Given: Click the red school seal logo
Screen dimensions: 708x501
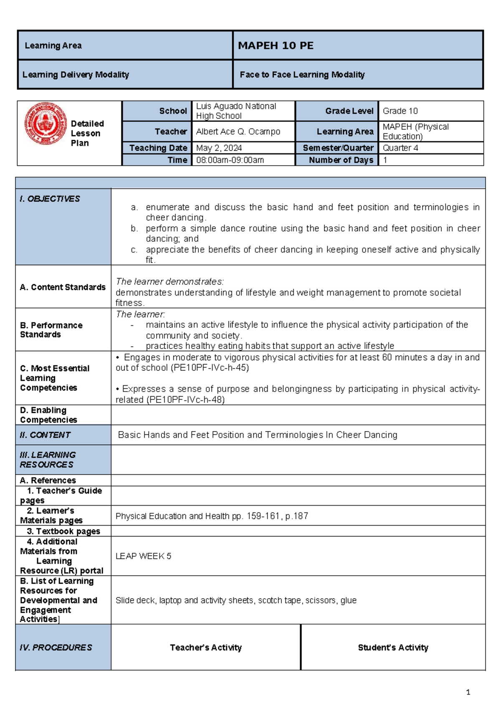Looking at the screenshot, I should [x=46, y=124].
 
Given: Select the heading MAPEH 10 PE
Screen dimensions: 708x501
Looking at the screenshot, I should [x=276, y=46].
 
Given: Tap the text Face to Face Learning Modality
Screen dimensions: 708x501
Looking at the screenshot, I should [x=302, y=75].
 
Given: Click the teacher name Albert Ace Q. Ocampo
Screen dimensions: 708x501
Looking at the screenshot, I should [x=238, y=131].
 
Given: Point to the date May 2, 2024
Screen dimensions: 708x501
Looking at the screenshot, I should [x=219, y=148].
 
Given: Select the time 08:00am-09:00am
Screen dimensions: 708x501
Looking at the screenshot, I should [x=230, y=160].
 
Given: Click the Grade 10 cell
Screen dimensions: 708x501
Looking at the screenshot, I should [x=400, y=111].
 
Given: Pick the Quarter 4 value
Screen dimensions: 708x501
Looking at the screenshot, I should [x=400, y=148].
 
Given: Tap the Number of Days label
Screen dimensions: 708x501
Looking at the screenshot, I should [x=341, y=160].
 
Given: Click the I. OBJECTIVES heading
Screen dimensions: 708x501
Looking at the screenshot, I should [x=50, y=199].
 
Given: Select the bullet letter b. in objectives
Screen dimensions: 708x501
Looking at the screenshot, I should [x=134, y=228].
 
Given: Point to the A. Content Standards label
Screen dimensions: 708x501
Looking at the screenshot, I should [x=63, y=287].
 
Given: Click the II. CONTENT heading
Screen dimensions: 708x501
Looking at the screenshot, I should [x=45, y=435].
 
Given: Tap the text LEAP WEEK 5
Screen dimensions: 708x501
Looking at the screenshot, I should [x=143, y=556].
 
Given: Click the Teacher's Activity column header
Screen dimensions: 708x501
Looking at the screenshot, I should [x=205, y=647].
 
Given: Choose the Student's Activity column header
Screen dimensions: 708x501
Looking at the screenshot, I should [x=393, y=647].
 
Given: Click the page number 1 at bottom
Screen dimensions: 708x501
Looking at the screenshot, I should [x=468, y=692].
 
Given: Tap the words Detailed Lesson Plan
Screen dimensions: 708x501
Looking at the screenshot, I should [x=87, y=133].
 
